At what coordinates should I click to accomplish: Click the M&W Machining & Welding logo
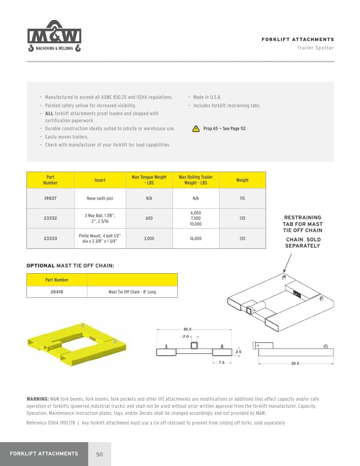[54, 36]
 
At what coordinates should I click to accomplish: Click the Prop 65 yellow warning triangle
[196, 129]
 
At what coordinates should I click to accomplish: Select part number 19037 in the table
[50, 198]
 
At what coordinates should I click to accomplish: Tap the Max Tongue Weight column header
[149, 180]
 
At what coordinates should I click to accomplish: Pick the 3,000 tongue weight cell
[149, 238]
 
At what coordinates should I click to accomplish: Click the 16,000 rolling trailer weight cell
[196, 238]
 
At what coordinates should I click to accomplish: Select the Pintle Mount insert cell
[100, 238]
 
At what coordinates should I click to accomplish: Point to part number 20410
[57, 292]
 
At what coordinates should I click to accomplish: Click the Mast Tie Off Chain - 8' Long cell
[132, 292]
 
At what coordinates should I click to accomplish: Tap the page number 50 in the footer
[100, 454]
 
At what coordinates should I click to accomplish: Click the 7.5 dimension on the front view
[221, 362]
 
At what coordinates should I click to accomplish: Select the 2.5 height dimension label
[239, 352]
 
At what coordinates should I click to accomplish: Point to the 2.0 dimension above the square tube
[186, 336]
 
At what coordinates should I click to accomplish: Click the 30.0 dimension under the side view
[295, 363]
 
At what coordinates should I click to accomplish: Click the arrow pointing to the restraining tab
[288, 263]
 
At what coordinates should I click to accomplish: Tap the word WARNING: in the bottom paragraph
[38, 399]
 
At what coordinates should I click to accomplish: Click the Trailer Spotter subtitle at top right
[316, 48]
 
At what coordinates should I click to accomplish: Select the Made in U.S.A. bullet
[207, 97]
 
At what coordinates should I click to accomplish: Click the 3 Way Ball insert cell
[100, 218]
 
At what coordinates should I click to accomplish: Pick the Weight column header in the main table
[242, 180]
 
